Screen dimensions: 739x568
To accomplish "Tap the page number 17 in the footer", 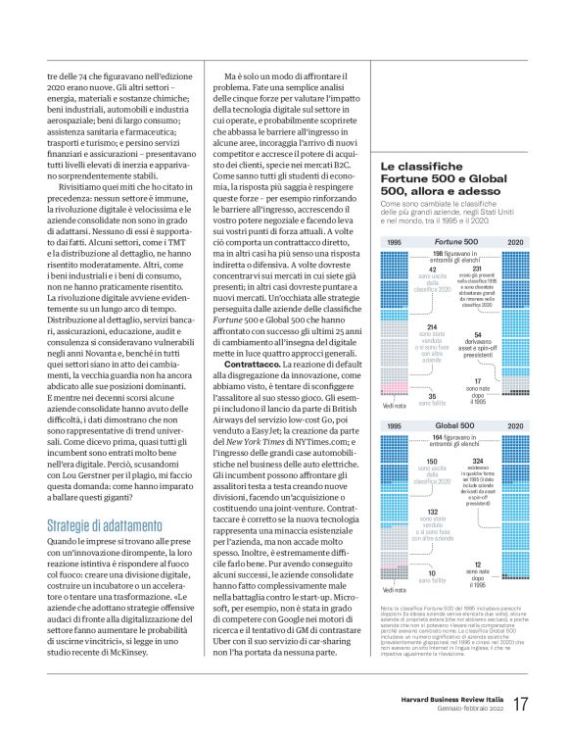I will [522, 704].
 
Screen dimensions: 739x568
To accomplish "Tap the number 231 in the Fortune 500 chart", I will [477, 269].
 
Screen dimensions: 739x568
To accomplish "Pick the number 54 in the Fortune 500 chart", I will [477, 334].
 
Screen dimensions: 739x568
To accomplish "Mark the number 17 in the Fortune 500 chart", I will [477, 380].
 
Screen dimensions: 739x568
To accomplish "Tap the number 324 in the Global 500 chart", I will [477, 460].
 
